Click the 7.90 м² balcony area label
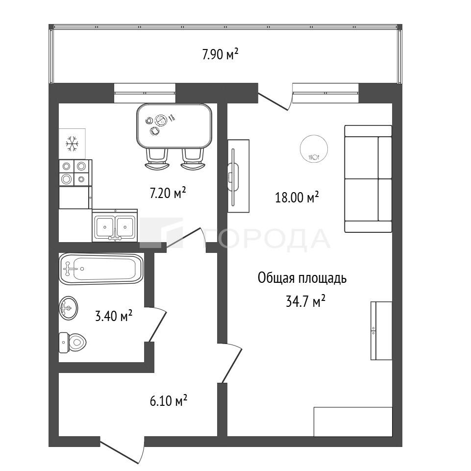click(221, 54)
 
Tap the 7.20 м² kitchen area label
click(168, 193)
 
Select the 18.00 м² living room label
click(297, 198)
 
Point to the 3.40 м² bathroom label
click(114, 316)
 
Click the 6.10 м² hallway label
click(169, 400)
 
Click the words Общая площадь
click(302, 278)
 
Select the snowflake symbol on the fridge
click(72, 143)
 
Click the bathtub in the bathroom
click(101, 269)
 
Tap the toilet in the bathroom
click(73, 343)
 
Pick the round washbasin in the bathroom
click(69, 308)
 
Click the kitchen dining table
click(174, 126)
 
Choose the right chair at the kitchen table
click(193, 159)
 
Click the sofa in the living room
click(368, 179)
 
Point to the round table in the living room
click(314, 149)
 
